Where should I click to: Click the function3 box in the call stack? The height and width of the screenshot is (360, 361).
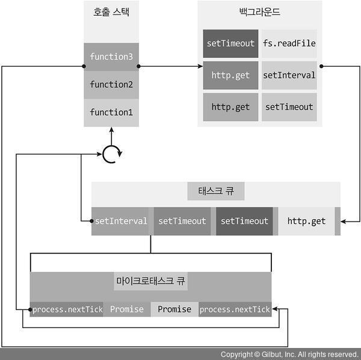click(x=111, y=57)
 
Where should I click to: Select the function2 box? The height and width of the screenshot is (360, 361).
click(x=111, y=85)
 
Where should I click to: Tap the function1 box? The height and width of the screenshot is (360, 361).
click(x=111, y=113)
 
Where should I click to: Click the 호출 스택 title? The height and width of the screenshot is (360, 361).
click(x=111, y=12)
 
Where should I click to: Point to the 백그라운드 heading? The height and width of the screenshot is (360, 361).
click(x=259, y=12)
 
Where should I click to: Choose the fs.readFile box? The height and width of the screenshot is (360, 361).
click(x=289, y=43)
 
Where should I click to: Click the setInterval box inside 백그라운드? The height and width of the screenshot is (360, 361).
click(x=289, y=75)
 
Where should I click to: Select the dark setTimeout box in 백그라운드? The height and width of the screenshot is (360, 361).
click(x=230, y=43)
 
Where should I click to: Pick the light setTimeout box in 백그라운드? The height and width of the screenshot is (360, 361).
click(x=289, y=107)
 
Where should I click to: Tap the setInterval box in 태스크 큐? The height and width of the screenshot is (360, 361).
click(x=121, y=221)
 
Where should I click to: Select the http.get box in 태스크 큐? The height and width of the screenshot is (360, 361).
click(x=306, y=221)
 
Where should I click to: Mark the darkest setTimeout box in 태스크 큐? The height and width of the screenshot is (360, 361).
click(x=244, y=221)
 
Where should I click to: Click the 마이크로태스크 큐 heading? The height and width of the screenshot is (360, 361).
click(x=150, y=281)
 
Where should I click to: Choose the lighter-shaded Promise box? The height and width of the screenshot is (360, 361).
click(x=174, y=309)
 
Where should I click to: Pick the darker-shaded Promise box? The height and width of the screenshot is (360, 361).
click(x=127, y=309)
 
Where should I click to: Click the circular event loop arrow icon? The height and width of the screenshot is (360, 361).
click(x=111, y=155)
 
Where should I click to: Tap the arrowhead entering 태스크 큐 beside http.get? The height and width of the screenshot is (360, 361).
click(x=344, y=223)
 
